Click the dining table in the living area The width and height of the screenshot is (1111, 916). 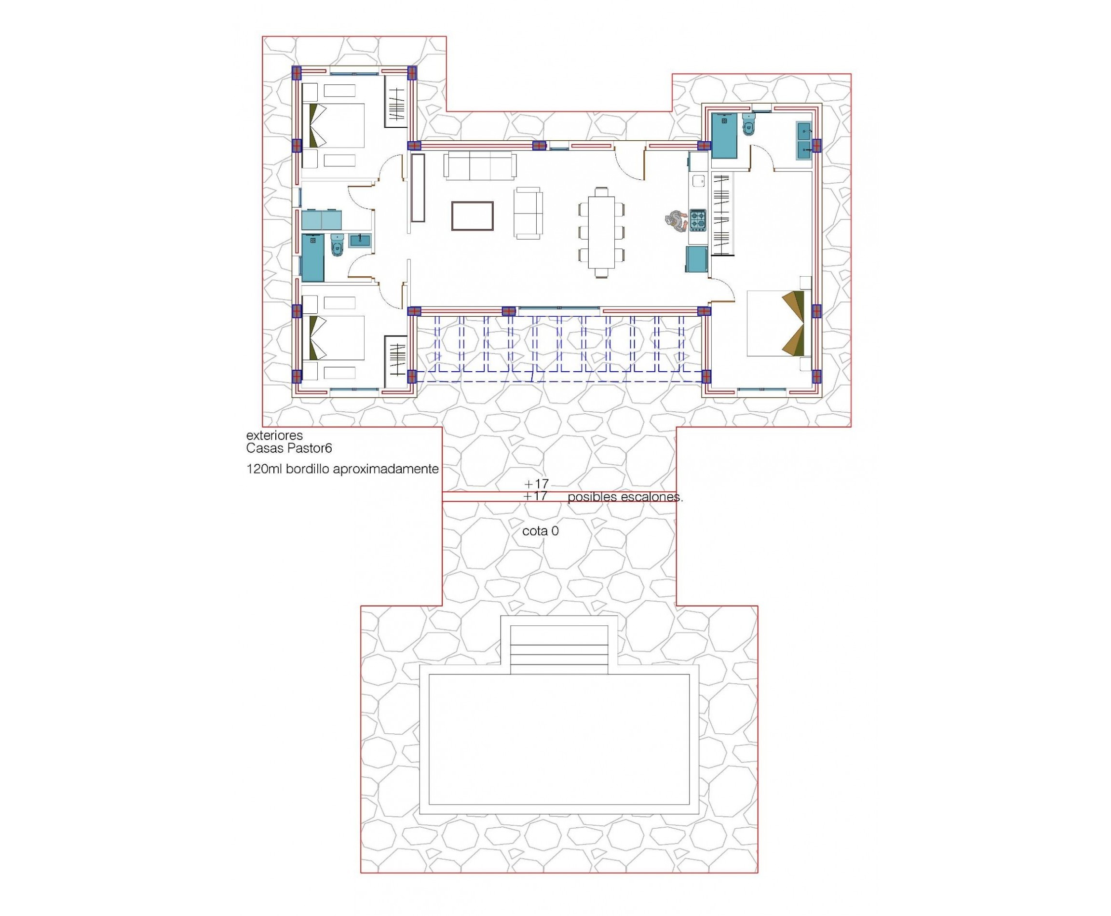pyautogui.click(x=601, y=232)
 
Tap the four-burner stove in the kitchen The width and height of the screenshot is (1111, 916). pyautogui.click(x=697, y=220)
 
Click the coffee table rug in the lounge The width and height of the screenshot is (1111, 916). pyautogui.click(x=473, y=216)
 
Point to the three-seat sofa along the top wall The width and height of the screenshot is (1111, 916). pyautogui.click(x=480, y=166)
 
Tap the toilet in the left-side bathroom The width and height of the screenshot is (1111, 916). pyautogui.click(x=337, y=246)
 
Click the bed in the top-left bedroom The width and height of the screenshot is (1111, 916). pyautogui.click(x=335, y=125)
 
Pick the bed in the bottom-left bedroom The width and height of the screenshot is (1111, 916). pyautogui.click(x=335, y=337)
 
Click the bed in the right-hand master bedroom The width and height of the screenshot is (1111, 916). pyautogui.click(x=777, y=323)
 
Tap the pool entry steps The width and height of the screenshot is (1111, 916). pyautogui.click(x=559, y=649)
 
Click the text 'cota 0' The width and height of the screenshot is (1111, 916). pyautogui.click(x=540, y=531)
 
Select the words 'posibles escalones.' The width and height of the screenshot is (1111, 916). pyautogui.click(x=625, y=497)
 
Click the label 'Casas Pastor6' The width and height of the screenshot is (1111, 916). pyautogui.click(x=289, y=448)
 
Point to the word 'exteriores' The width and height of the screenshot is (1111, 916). pyautogui.click(x=274, y=435)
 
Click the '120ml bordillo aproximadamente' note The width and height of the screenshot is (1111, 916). pyautogui.click(x=342, y=469)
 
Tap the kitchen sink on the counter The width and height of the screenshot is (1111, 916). pyautogui.click(x=698, y=180)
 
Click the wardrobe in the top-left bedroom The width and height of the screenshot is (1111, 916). pyautogui.click(x=396, y=101)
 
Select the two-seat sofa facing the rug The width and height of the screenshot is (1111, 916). pyautogui.click(x=529, y=213)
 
